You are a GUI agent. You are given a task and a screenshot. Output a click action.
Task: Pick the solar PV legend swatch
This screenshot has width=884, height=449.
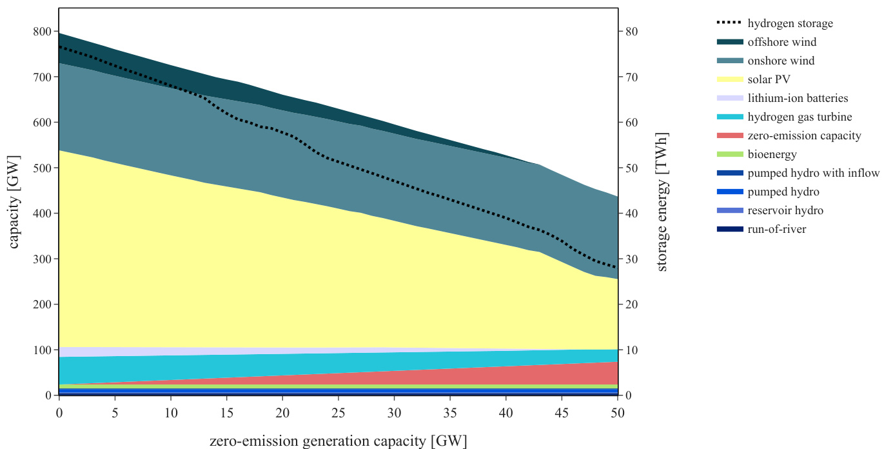pyautogui.click(x=730, y=80)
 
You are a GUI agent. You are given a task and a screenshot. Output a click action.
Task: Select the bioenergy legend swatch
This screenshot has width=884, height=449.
pyautogui.click(x=730, y=155)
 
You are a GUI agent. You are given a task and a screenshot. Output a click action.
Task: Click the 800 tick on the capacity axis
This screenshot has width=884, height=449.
pyautogui.click(x=41, y=32)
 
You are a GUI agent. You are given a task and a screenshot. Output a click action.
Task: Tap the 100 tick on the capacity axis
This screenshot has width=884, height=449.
pyautogui.click(x=41, y=350)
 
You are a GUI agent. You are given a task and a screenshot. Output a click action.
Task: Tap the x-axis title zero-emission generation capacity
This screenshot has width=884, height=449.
pyautogui.click(x=338, y=441)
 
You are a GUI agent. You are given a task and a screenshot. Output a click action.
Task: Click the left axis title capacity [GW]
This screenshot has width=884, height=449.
pyautogui.click(x=14, y=202)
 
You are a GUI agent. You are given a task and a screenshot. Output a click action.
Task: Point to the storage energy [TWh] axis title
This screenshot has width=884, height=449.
pyautogui.click(x=662, y=202)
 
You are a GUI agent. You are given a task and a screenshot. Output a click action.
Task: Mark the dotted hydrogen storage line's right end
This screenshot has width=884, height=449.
pyautogui.click(x=617, y=268)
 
